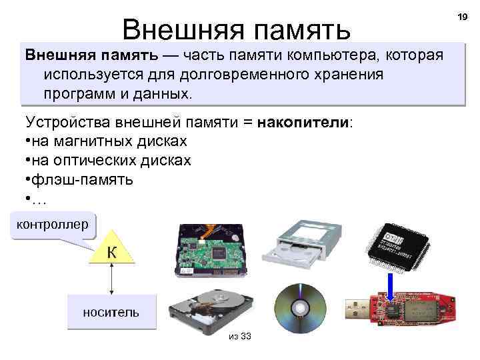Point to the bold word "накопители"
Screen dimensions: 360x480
[x=303, y=123]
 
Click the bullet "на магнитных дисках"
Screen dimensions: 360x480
[x=110, y=141]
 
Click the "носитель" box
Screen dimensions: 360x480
[x=111, y=312]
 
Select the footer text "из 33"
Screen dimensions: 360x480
[x=239, y=336]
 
